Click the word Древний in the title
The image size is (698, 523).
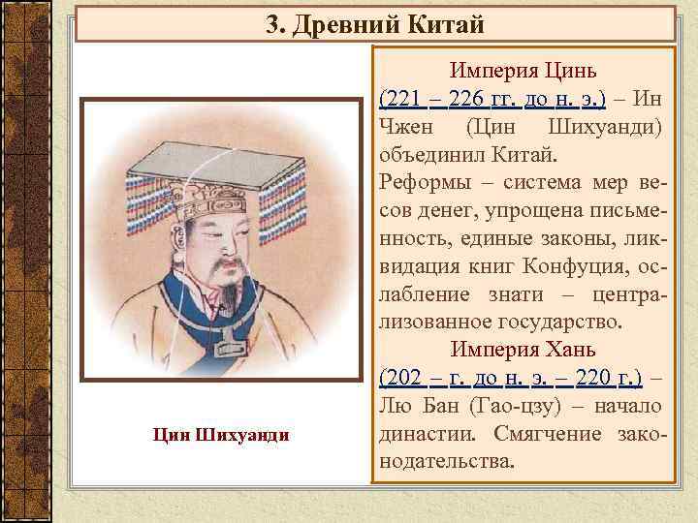click(338, 24)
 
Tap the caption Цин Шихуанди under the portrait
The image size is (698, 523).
click(220, 433)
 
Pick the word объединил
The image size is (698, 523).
click(421, 154)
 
